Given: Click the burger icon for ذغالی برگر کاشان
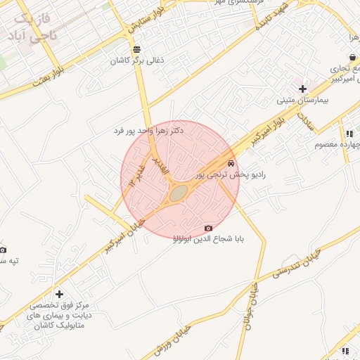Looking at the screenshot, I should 136,49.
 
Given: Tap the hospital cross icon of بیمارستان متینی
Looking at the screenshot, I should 302,89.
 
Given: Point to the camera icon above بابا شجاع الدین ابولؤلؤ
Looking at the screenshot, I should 208,228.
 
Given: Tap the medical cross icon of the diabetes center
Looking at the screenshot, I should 59,294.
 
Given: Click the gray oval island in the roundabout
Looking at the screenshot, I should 179,192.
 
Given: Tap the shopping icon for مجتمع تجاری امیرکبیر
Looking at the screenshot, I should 352,58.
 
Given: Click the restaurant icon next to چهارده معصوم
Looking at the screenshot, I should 348,133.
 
